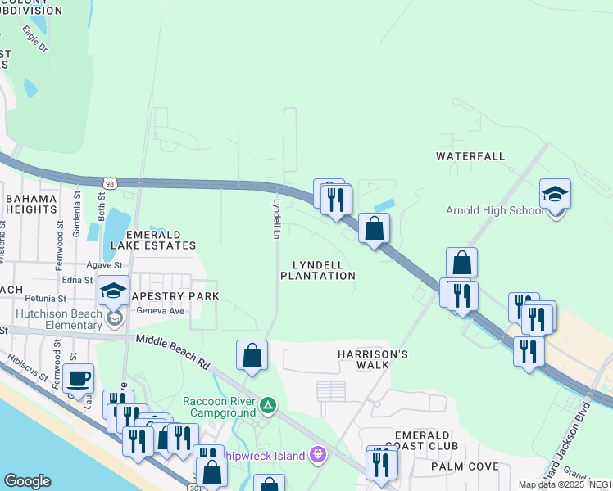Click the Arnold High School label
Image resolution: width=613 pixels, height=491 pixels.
(494, 210)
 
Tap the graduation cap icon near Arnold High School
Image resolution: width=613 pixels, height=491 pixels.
(555, 195)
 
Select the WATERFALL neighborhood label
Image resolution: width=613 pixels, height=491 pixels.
(470, 155)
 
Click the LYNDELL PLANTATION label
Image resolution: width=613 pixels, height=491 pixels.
(318, 270)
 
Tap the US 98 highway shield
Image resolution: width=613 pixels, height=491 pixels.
(121, 184)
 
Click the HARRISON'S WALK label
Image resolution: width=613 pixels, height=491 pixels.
(373, 359)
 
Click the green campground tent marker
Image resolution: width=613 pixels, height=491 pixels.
(268, 405)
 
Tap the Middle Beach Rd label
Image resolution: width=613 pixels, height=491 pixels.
(173, 352)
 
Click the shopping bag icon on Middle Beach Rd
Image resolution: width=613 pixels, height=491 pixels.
(252, 355)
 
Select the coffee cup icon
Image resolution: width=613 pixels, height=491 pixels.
(79, 379)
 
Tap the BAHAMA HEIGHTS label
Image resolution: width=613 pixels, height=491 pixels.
(31, 204)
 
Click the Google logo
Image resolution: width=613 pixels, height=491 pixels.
(27, 481)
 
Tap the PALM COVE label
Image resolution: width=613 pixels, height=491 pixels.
(465, 466)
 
